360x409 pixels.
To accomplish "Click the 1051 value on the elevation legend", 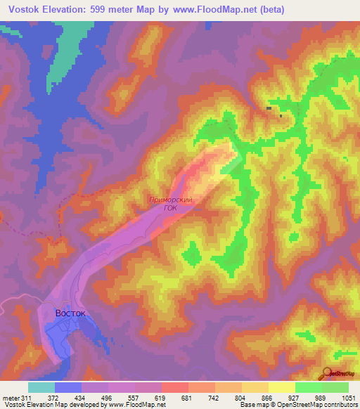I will click(x=349, y=398).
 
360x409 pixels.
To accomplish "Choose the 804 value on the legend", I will click(x=241, y=398).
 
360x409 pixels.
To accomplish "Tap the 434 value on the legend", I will click(x=81, y=398).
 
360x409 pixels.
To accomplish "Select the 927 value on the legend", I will click(x=295, y=398).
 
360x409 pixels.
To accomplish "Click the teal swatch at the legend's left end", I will click(x=41, y=387).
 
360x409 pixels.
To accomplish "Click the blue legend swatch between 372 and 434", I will click(x=67, y=387).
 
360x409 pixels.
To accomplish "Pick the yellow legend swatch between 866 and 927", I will click(x=281, y=387).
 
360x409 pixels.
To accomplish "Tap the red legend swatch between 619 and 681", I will click(x=174, y=387).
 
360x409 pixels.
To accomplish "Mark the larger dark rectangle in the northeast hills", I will click(x=269, y=108).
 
